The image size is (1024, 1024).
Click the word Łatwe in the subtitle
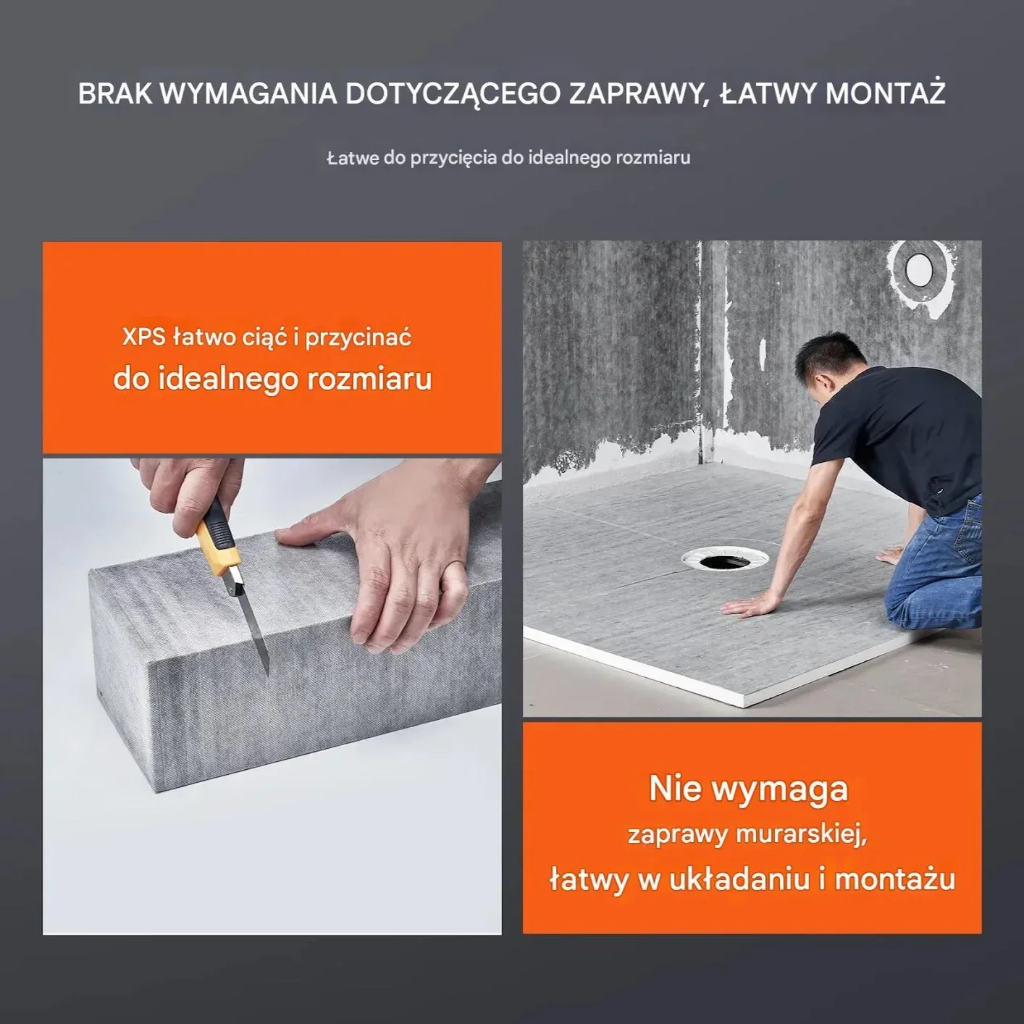pos(353,158)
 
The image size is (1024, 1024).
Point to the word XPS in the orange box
pos(143,337)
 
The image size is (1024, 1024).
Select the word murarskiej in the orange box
pos(801,834)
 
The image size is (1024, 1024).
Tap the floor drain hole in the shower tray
pos(724,560)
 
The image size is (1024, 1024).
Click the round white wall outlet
pos(919,269)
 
